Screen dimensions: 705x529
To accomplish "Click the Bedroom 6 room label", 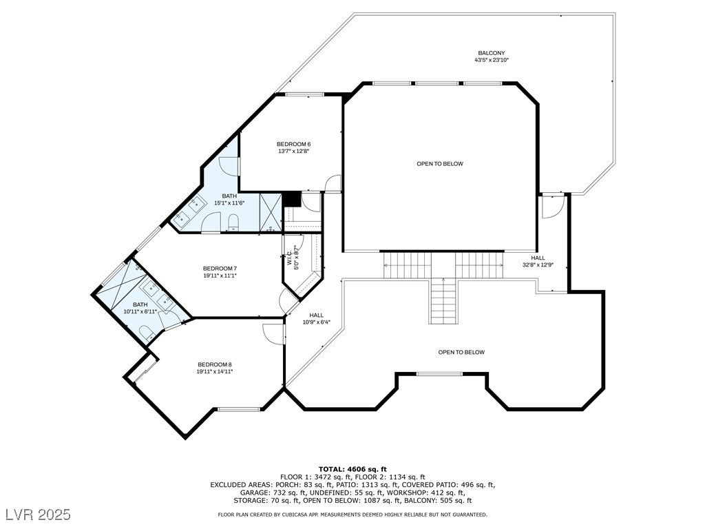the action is click(293, 144).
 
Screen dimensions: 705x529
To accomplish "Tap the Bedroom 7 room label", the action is click(220, 269).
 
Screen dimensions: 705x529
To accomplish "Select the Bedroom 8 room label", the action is click(215, 364).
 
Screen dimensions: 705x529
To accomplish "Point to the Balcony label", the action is click(492, 53).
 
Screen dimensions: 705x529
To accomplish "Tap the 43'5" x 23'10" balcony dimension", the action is click(492, 60).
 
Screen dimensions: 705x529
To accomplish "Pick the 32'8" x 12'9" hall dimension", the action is click(538, 265).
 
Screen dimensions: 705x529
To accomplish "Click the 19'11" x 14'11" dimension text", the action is click(215, 371).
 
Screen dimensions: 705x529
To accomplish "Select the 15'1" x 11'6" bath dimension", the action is click(229, 203).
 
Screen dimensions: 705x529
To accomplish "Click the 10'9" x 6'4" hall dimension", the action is click(316, 322).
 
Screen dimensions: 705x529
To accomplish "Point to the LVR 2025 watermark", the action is click(39, 514).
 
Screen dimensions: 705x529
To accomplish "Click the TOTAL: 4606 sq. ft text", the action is click(352, 469).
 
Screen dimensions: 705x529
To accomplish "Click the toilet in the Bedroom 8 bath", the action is click(147, 333).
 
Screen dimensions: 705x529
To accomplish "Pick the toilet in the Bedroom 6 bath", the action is click(233, 222).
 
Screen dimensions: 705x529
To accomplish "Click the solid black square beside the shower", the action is click(291, 199).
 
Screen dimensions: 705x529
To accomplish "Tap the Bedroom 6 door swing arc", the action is click(333, 183).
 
